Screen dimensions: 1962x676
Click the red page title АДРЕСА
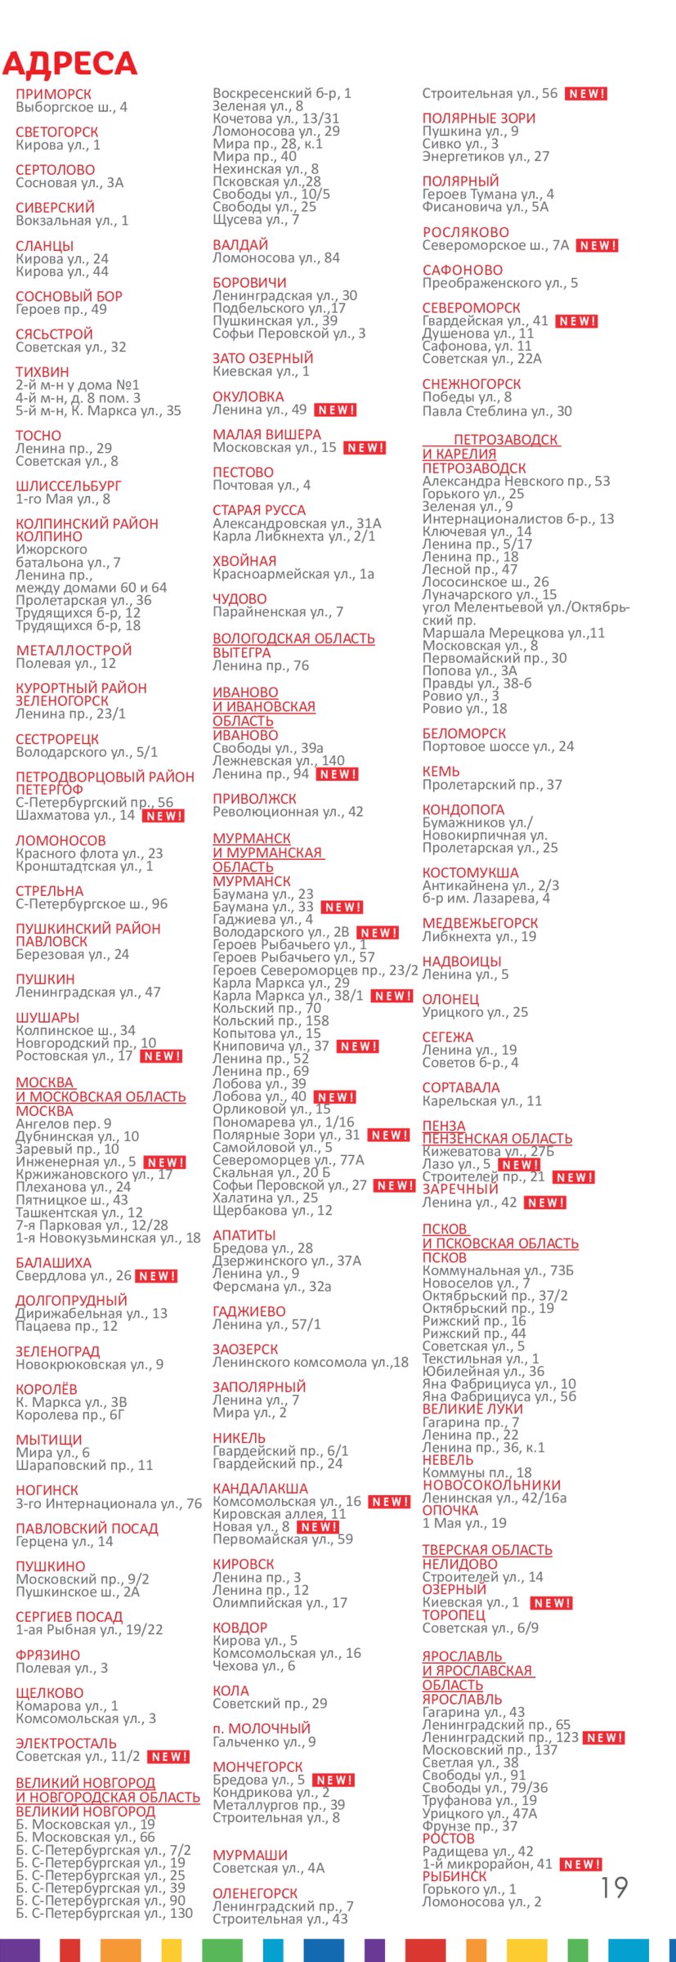pyautogui.click(x=69, y=64)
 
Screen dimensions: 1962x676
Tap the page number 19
pyautogui.click(x=614, y=1887)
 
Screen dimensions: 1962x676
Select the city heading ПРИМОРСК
pyautogui.click(x=54, y=94)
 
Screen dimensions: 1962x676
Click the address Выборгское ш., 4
pyautogui.click(x=71, y=107)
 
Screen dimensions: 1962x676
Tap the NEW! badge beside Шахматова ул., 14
pyautogui.click(x=163, y=816)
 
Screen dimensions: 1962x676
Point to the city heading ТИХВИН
pyautogui.click(x=43, y=372)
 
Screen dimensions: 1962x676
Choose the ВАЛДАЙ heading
pyautogui.click(x=240, y=244)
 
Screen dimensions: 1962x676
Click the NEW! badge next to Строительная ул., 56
pyautogui.click(x=586, y=94)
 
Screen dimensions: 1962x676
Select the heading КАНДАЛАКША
pyautogui.click(x=260, y=1489)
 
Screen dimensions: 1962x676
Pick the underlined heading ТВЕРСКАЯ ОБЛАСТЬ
pyautogui.click(x=487, y=1550)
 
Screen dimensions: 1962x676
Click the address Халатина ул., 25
pyautogui.click(x=265, y=1198)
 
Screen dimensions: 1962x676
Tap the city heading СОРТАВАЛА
pyautogui.click(x=461, y=1087)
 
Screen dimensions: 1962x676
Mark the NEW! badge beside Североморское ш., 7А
pyautogui.click(x=598, y=245)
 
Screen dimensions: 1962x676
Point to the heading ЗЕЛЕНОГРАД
pyautogui.click(x=58, y=1351)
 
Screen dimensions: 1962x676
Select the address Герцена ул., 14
pyautogui.click(x=65, y=1541)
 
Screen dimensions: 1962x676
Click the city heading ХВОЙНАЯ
pyautogui.click(x=244, y=561)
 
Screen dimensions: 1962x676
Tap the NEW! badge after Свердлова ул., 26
pyautogui.click(x=156, y=1276)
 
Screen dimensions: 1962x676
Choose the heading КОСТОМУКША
pyautogui.click(x=470, y=872)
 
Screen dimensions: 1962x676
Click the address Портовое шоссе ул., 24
pyautogui.click(x=498, y=746)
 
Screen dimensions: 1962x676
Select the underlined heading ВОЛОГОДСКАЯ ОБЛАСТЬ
pyautogui.click(x=293, y=638)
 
